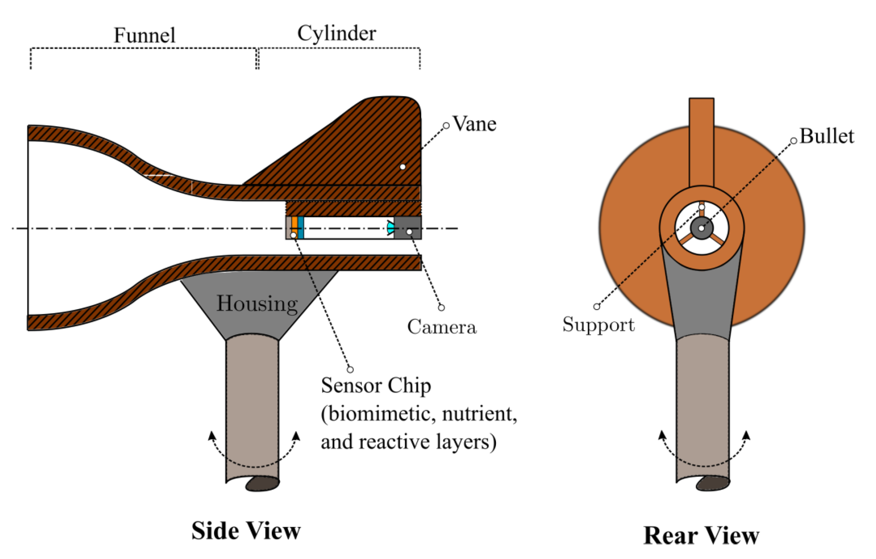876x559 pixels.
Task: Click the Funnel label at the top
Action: pos(145,35)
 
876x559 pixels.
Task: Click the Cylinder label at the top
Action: pos(337,33)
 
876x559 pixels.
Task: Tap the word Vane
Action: pos(475,124)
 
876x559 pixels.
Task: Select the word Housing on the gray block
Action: pos(257,303)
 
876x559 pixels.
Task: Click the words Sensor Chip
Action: pos(376,385)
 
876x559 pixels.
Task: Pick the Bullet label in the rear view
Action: pos(827,137)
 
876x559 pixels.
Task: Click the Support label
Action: pos(599,324)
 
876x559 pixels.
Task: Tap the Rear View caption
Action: pos(701,535)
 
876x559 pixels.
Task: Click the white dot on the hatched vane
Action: pos(402,167)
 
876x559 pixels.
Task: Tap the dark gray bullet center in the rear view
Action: pos(701,228)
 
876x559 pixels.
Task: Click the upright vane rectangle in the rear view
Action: pos(701,142)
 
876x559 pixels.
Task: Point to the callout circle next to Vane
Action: pos(446,126)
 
